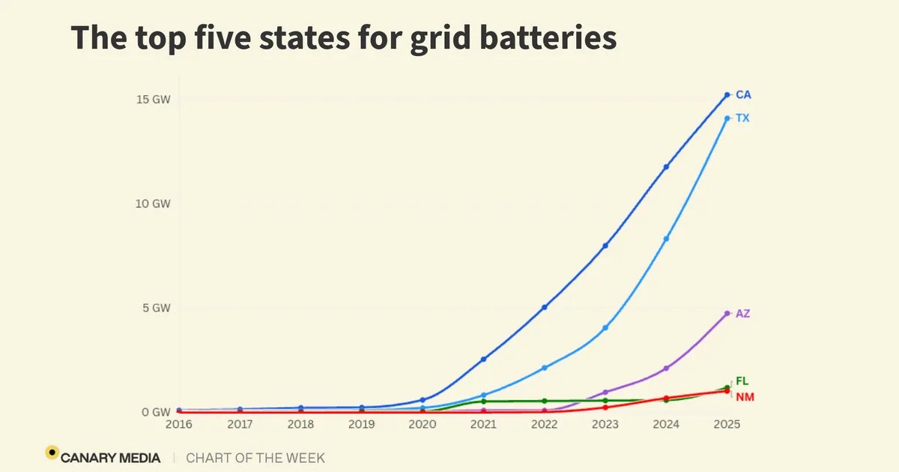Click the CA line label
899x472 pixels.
tap(743, 95)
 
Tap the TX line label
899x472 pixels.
tap(742, 118)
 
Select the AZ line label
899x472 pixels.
tap(742, 314)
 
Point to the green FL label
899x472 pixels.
tap(742, 381)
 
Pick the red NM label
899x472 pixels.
tap(744, 396)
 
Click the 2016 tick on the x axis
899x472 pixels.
tap(179, 424)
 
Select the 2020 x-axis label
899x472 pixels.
tap(423, 424)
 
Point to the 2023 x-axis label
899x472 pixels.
tap(605, 424)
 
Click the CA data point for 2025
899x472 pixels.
tap(727, 94)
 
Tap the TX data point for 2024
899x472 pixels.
tap(666, 239)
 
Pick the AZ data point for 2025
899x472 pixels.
tap(727, 313)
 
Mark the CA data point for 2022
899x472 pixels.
tap(545, 307)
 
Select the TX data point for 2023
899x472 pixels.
tap(605, 328)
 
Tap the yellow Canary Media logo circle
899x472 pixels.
tap(52, 452)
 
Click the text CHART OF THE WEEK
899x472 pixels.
tap(255, 457)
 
